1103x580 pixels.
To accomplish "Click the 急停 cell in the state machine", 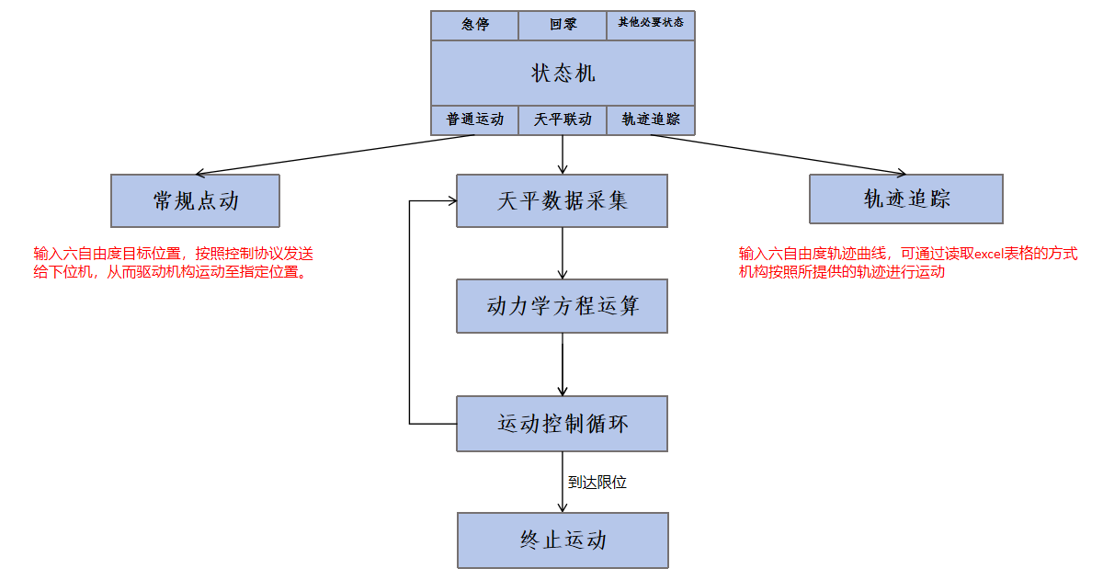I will coord(474,25).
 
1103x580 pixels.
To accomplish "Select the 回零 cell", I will coord(563,25).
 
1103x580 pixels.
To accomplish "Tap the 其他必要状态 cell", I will coord(651,25).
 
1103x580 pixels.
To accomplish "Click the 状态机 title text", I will coord(563,74).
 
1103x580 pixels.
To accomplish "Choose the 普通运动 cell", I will coord(475,119).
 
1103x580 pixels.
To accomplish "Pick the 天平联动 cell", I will coord(563,119).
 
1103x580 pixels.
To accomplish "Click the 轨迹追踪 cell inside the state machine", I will coord(651,119).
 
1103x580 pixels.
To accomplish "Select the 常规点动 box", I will coord(195,200).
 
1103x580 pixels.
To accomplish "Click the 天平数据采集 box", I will coord(563,200).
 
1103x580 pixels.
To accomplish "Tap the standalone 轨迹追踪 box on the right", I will coord(906,199).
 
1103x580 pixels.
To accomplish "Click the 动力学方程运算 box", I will coord(563,306).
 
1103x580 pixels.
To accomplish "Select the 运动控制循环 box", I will coord(563,424).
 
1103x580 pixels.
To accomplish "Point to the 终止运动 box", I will coord(563,540).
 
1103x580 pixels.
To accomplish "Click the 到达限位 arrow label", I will coord(597,482).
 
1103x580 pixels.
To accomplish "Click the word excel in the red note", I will coord(993,254).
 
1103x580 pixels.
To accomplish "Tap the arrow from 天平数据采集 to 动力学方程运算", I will coord(563,253).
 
